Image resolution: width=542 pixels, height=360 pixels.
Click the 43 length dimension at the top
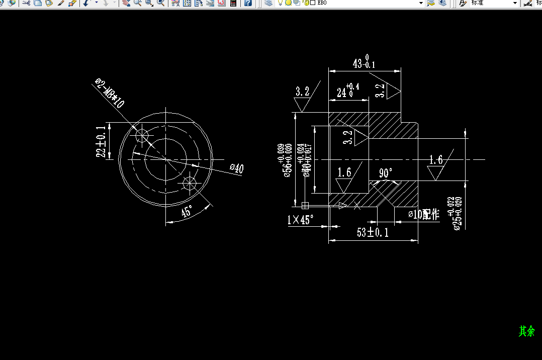(x=364, y=63)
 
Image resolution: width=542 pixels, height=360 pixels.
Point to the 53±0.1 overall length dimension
(x=373, y=232)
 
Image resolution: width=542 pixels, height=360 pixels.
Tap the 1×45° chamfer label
(x=300, y=220)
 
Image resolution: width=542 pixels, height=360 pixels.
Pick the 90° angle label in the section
(x=386, y=173)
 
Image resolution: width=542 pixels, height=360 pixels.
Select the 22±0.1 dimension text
(x=102, y=142)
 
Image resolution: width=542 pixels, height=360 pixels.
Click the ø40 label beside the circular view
(x=236, y=168)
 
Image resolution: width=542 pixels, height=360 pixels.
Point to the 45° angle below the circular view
(x=187, y=212)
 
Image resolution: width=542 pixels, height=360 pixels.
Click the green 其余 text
(x=526, y=331)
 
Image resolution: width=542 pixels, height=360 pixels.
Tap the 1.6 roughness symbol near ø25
(x=436, y=166)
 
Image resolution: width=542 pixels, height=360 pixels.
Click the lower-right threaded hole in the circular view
(x=190, y=183)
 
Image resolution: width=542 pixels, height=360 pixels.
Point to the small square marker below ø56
(x=304, y=205)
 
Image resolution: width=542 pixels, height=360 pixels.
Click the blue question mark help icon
(x=247, y=3)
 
